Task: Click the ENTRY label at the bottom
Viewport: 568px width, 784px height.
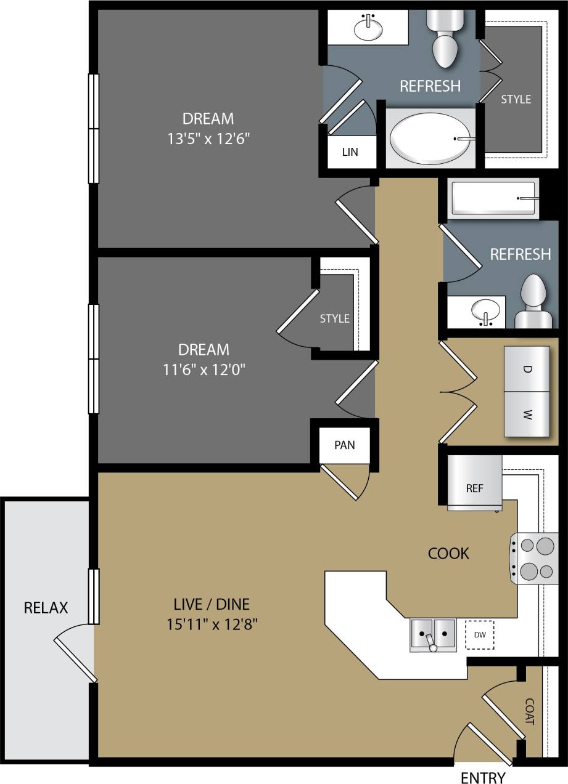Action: tap(483, 777)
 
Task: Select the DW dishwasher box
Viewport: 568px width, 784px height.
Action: tap(479, 634)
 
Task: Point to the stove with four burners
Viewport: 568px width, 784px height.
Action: tap(532, 559)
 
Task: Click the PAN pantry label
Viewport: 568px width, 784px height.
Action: tap(344, 445)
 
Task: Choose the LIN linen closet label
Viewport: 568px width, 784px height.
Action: tap(350, 152)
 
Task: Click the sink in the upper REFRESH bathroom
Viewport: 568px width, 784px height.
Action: tap(368, 28)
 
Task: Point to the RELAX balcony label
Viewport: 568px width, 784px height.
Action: tap(46, 608)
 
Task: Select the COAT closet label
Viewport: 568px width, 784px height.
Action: tap(529, 711)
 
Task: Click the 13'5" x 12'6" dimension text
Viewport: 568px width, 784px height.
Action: tap(208, 139)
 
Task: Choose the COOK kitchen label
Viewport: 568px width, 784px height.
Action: tap(448, 553)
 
